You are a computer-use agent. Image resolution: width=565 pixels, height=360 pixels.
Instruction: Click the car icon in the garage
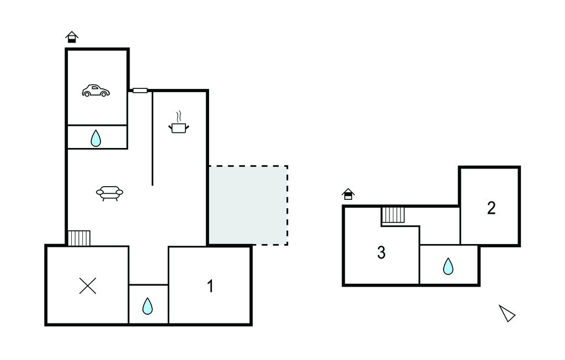point(95,91)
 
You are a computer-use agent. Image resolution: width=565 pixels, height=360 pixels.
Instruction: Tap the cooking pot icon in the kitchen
point(179,128)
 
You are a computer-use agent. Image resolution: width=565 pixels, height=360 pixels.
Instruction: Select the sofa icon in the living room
point(110,193)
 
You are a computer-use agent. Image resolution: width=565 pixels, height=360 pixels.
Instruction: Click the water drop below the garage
point(96,138)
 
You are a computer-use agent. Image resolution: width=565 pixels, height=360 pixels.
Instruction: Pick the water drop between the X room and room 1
point(147,306)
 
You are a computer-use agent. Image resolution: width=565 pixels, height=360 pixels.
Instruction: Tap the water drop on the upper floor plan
point(448,266)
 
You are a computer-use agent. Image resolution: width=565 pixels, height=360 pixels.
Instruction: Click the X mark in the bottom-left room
point(88,285)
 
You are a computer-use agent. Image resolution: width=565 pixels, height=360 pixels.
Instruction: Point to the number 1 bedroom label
point(210,286)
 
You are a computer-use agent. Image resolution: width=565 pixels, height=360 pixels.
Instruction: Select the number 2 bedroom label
point(491,208)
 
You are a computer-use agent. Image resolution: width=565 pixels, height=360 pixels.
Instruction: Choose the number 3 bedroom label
point(381,252)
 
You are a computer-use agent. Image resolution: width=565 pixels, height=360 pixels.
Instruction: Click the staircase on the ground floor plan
point(79,238)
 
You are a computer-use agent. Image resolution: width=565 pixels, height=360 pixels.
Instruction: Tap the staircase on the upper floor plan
point(393,215)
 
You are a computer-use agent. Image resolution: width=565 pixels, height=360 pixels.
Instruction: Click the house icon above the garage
point(72,37)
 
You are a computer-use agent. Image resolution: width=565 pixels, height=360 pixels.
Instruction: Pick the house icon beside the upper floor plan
point(348,194)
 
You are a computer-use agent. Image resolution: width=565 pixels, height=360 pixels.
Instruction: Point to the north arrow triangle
point(507,313)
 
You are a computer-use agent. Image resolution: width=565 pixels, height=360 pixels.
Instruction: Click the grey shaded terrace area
point(248,205)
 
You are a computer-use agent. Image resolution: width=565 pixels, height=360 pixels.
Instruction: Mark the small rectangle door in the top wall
point(140,91)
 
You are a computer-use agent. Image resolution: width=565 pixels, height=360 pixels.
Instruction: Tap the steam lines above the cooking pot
point(179,117)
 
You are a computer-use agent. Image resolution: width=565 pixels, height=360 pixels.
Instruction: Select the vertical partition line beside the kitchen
point(152,138)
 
